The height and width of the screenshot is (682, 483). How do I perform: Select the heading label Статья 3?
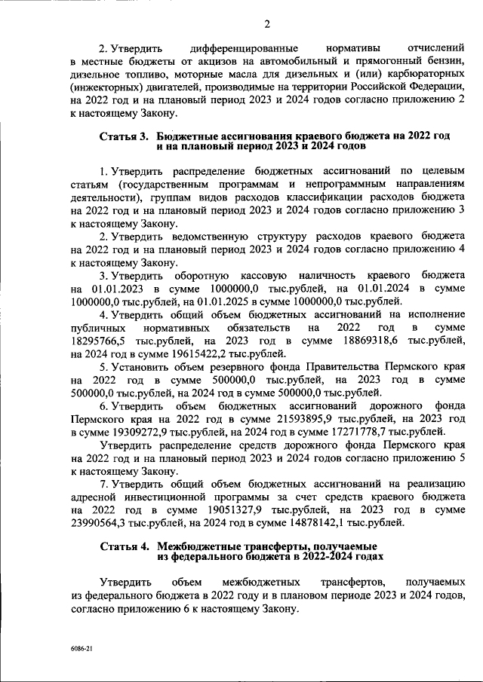click(125, 136)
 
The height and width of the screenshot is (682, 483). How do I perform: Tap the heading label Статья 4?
click(125, 546)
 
